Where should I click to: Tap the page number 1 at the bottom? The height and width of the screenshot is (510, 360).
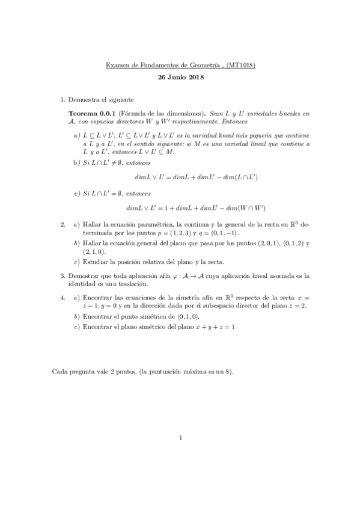[x=180, y=438]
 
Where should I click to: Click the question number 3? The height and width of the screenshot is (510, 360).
[x=63, y=276]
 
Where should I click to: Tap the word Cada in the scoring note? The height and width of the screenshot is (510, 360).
[x=60, y=372]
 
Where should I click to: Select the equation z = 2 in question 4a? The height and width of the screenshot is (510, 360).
[x=297, y=306]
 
